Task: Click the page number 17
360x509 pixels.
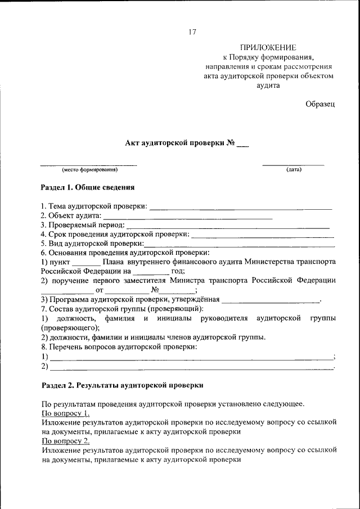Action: tap(192, 32)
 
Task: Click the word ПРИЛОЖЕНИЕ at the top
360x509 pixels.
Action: tap(268, 48)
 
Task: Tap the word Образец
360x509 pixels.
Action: tap(320, 103)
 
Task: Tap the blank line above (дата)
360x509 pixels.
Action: tap(293, 164)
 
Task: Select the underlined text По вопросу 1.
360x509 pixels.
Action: tap(65, 413)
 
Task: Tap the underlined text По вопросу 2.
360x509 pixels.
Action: tap(65, 441)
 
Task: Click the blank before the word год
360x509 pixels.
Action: tap(151, 271)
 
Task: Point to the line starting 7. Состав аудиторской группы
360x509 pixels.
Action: tap(122, 309)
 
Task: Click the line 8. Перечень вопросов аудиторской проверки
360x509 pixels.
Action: tap(119, 346)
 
